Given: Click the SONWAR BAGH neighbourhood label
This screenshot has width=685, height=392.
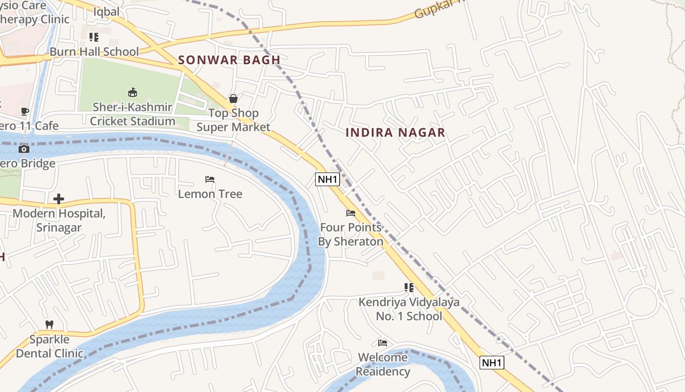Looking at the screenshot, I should (229, 60).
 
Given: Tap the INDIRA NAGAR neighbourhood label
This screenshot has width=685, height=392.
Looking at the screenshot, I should (395, 132).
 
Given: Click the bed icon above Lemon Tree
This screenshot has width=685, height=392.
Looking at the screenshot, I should (210, 179).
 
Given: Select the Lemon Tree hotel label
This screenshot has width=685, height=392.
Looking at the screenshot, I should (210, 194).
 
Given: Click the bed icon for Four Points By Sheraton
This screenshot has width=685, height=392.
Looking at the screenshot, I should (351, 213).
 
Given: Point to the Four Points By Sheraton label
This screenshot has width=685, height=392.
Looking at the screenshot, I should (351, 235).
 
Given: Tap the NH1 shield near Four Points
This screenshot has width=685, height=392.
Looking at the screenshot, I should (327, 179).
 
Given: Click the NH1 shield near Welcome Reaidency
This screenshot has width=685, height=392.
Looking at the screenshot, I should (492, 363).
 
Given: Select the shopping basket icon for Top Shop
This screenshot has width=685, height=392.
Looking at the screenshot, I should (233, 98).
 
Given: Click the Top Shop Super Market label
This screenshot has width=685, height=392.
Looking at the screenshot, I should (233, 120).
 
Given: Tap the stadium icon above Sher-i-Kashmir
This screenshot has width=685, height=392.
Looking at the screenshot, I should (132, 92).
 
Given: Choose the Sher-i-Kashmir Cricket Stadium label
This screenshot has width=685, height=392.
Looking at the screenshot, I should (132, 114).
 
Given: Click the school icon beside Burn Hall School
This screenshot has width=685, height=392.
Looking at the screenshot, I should (93, 37).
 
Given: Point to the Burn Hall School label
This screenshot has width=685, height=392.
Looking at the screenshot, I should (94, 51).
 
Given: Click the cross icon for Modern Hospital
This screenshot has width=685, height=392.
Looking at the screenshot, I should (59, 199).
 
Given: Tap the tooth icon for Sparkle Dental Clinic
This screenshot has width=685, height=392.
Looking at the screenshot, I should (49, 324).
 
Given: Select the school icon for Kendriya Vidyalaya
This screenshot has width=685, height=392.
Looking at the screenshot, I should (409, 288).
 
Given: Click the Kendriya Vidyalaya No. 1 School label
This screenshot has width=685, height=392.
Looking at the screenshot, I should (409, 309).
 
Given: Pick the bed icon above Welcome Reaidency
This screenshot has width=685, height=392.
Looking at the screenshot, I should (383, 343).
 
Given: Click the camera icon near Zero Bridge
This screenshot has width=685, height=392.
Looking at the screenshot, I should (24, 149).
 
